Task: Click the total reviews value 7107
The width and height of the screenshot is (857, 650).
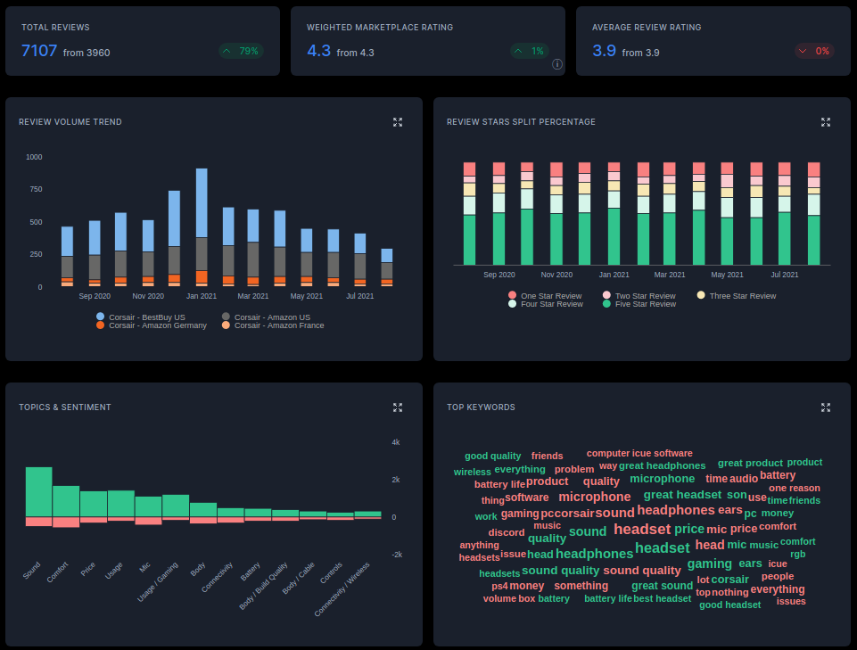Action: click(x=39, y=51)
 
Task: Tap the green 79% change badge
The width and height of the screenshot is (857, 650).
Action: click(x=241, y=52)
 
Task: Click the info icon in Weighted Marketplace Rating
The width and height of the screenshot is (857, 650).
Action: click(x=557, y=64)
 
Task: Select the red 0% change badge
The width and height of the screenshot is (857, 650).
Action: click(x=814, y=52)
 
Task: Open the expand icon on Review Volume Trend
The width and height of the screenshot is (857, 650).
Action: click(x=398, y=122)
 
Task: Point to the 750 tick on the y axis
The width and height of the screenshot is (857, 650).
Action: click(x=34, y=190)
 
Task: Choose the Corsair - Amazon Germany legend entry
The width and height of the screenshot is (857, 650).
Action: click(x=152, y=325)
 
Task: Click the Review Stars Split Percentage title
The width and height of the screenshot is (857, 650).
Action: click(x=521, y=122)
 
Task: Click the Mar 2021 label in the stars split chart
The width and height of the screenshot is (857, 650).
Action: click(x=670, y=276)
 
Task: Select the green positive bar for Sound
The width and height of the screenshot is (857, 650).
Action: click(x=38, y=491)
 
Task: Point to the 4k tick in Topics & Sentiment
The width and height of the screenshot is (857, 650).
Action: click(x=396, y=442)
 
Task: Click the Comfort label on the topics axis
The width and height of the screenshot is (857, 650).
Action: click(x=58, y=572)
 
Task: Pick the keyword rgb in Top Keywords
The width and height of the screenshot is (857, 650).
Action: click(x=797, y=554)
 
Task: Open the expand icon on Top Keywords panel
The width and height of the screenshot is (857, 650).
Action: click(x=826, y=407)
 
